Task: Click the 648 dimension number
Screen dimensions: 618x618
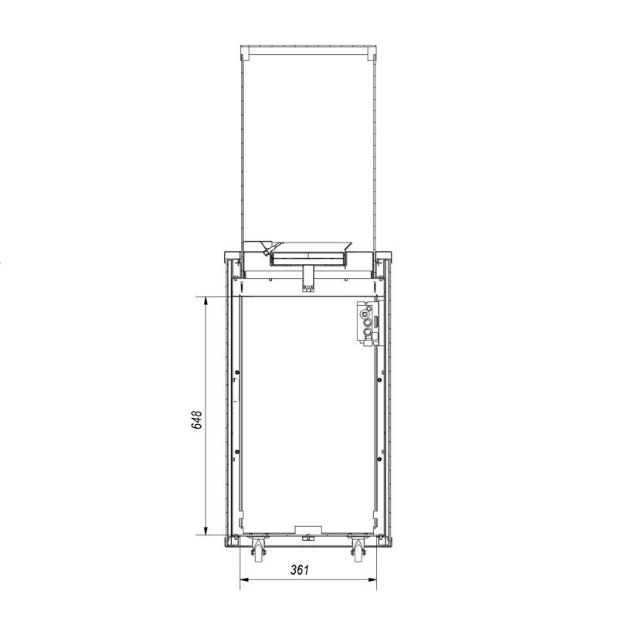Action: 196,419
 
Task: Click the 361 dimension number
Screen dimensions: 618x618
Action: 300,570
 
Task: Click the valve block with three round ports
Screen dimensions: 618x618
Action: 368,323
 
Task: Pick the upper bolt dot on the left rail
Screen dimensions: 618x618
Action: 237,372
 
